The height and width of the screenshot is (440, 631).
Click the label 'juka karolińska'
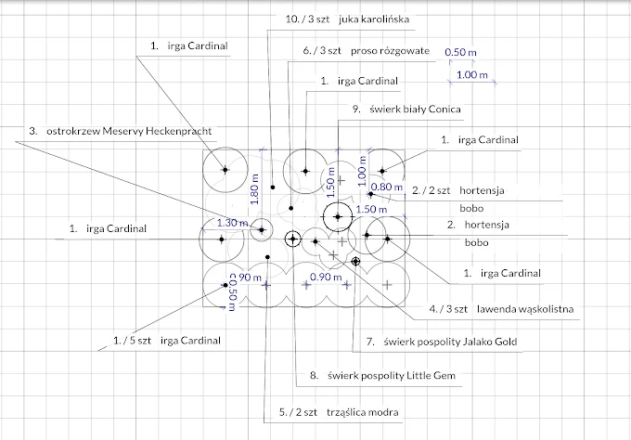374,19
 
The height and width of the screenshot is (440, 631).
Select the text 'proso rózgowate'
390,51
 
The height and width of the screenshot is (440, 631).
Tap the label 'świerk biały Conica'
415,110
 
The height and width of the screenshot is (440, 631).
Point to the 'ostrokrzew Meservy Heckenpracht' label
129,131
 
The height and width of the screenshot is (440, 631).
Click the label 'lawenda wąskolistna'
525,309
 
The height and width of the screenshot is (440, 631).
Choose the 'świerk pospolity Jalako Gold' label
450,342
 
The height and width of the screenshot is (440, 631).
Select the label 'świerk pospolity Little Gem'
392,376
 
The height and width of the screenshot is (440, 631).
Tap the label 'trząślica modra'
362,412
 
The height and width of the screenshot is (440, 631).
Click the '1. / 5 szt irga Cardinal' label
167,341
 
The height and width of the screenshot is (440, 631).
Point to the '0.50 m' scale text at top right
460,52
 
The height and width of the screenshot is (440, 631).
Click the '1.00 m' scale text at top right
472,75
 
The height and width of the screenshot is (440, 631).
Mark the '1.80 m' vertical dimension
254,188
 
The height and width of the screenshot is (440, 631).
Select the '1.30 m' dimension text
233,223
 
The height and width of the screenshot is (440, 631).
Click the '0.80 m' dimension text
387,187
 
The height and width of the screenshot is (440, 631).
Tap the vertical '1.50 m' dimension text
330,182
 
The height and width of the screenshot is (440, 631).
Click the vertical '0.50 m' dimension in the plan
232,292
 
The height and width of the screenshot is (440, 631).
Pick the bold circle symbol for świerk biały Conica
338,217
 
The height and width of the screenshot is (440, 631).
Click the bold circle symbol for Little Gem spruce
292,239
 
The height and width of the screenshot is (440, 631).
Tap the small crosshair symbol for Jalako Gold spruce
355,262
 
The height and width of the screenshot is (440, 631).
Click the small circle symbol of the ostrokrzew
262,230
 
